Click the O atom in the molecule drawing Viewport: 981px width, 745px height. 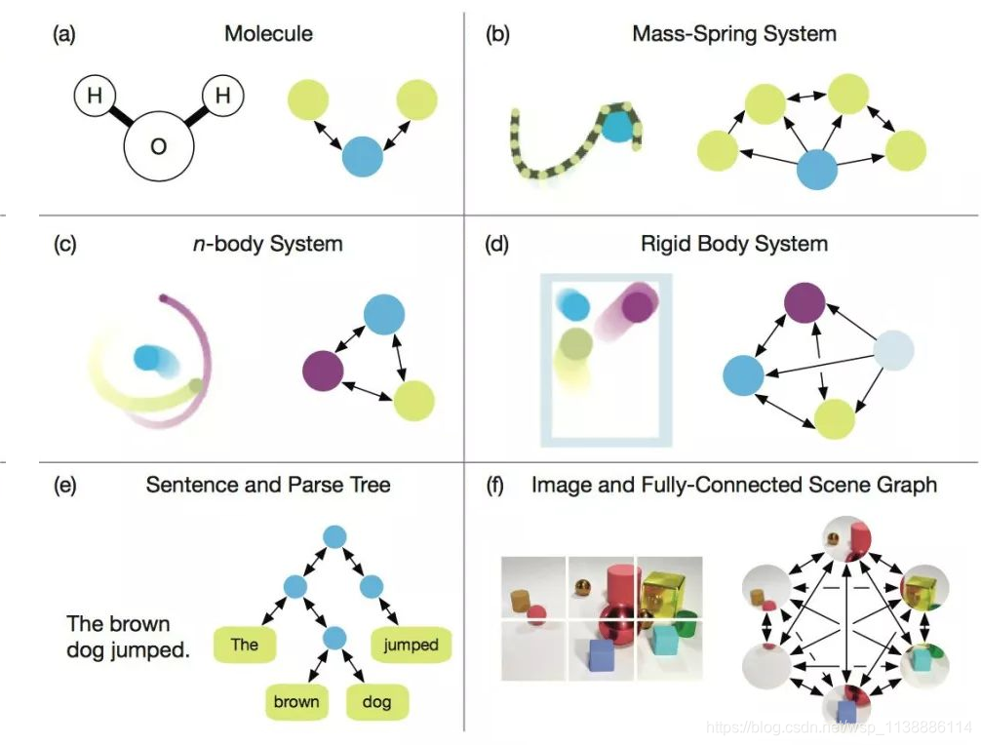coord(159,148)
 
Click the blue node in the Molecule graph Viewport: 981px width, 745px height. coord(363,156)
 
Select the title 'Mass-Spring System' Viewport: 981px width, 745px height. coord(734,34)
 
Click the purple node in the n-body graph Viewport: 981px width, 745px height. coord(323,372)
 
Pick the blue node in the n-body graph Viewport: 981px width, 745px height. coord(383,313)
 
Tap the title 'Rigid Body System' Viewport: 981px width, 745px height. coord(734,243)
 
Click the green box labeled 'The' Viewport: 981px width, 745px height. coord(245,644)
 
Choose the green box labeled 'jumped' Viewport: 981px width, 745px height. coord(411,644)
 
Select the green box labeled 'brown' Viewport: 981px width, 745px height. coord(296,700)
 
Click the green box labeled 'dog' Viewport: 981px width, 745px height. coord(376,700)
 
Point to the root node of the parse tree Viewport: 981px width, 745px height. coord(334,536)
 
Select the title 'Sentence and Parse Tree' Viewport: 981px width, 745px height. coord(268,484)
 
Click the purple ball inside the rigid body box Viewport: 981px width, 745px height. coord(637,306)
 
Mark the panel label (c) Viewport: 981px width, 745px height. coord(63,243)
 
